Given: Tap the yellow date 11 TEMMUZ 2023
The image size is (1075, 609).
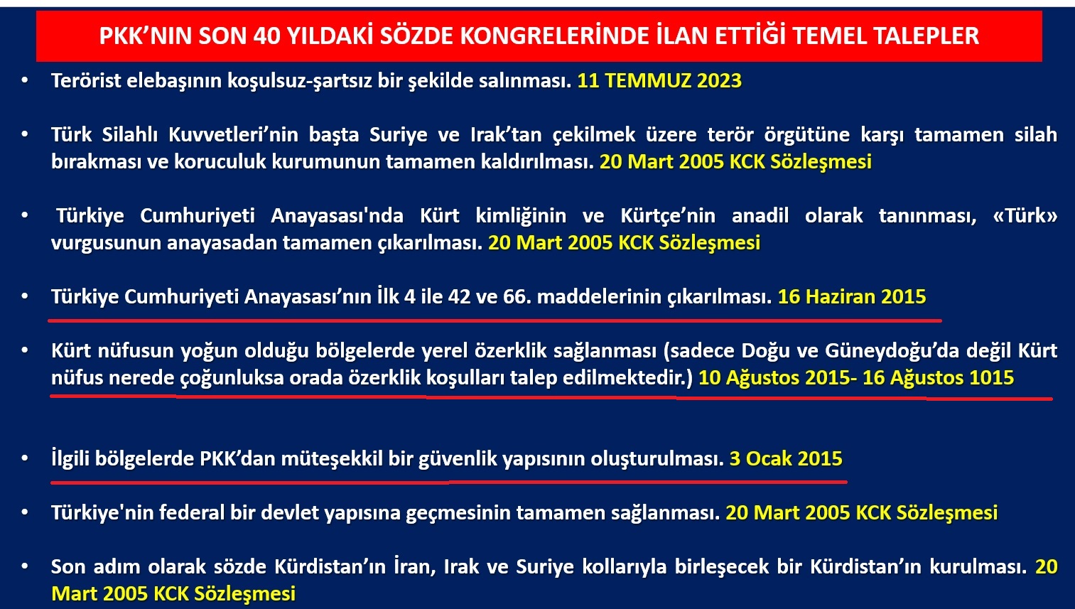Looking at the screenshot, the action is [x=659, y=80].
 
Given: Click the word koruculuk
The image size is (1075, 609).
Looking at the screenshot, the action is [x=220, y=162].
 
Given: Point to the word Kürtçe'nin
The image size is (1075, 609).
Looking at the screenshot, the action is [x=668, y=216].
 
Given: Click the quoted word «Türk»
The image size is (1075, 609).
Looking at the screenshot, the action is [x=1025, y=216].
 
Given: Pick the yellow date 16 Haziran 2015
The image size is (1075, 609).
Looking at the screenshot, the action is [x=852, y=297].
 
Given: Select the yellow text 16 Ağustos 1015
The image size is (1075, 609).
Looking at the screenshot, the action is [x=938, y=378].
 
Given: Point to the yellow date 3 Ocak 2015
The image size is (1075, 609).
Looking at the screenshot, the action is [x=786, y=459].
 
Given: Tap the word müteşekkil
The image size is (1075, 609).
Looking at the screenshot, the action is [x=332, y=459].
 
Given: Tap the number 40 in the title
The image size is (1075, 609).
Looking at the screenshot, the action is [x=267, y=36].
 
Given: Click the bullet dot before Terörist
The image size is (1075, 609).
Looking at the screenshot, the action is [x=25, y=80].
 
